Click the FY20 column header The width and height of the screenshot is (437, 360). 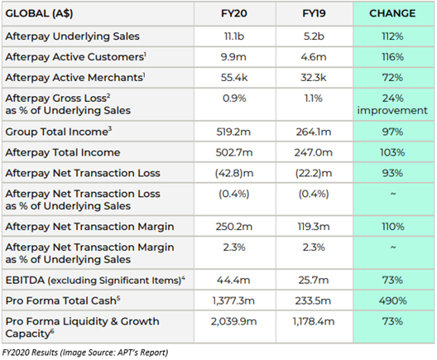pos(234,13)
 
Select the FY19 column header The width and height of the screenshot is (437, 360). pos(314,13)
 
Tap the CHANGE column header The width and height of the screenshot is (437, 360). pos(392,13)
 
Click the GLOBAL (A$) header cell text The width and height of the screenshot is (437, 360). pos(39,13)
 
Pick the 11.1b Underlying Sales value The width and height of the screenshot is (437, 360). pos(234,36)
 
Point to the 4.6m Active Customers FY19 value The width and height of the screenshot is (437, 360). pos(314,57)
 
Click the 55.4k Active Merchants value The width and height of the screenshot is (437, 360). pos(234,78)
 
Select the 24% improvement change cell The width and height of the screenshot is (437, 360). pos(392,104)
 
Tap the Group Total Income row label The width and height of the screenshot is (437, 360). pos(59,132)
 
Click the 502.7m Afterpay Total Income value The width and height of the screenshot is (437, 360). pos(234,152)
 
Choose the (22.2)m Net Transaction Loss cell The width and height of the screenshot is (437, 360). pos(314,173)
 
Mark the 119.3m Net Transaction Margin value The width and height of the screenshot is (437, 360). pos(314,227)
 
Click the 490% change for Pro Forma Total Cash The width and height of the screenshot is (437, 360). pos(392,300)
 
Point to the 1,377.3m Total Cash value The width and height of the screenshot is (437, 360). pos(233,300)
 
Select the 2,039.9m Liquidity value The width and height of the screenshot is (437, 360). pos(233,321)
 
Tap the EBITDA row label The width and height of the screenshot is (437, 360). pos(95,280)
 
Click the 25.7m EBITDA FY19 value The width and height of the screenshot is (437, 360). pos(314,280)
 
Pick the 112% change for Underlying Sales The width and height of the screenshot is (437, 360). pos(392,36)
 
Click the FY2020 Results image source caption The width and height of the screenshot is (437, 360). pos(85,353)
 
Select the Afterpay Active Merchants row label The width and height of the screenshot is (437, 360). pos(75,78)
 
